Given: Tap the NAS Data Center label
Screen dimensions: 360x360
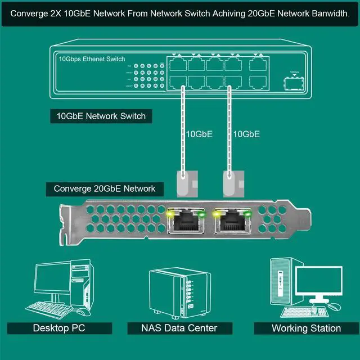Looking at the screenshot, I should point(180,328).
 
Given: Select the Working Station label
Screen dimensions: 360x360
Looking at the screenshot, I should point(306,328).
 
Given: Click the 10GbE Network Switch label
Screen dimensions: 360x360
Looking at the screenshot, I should point(101,116).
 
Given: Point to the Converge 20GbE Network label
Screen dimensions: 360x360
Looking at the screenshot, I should point(105,188).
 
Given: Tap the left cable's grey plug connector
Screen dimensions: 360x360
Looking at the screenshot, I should point(184,182).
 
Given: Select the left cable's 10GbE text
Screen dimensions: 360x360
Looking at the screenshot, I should point(200,134).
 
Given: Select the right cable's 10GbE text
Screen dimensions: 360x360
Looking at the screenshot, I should point(246,134).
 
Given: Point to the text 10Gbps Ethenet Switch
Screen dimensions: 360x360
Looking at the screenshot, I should point(92,59).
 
